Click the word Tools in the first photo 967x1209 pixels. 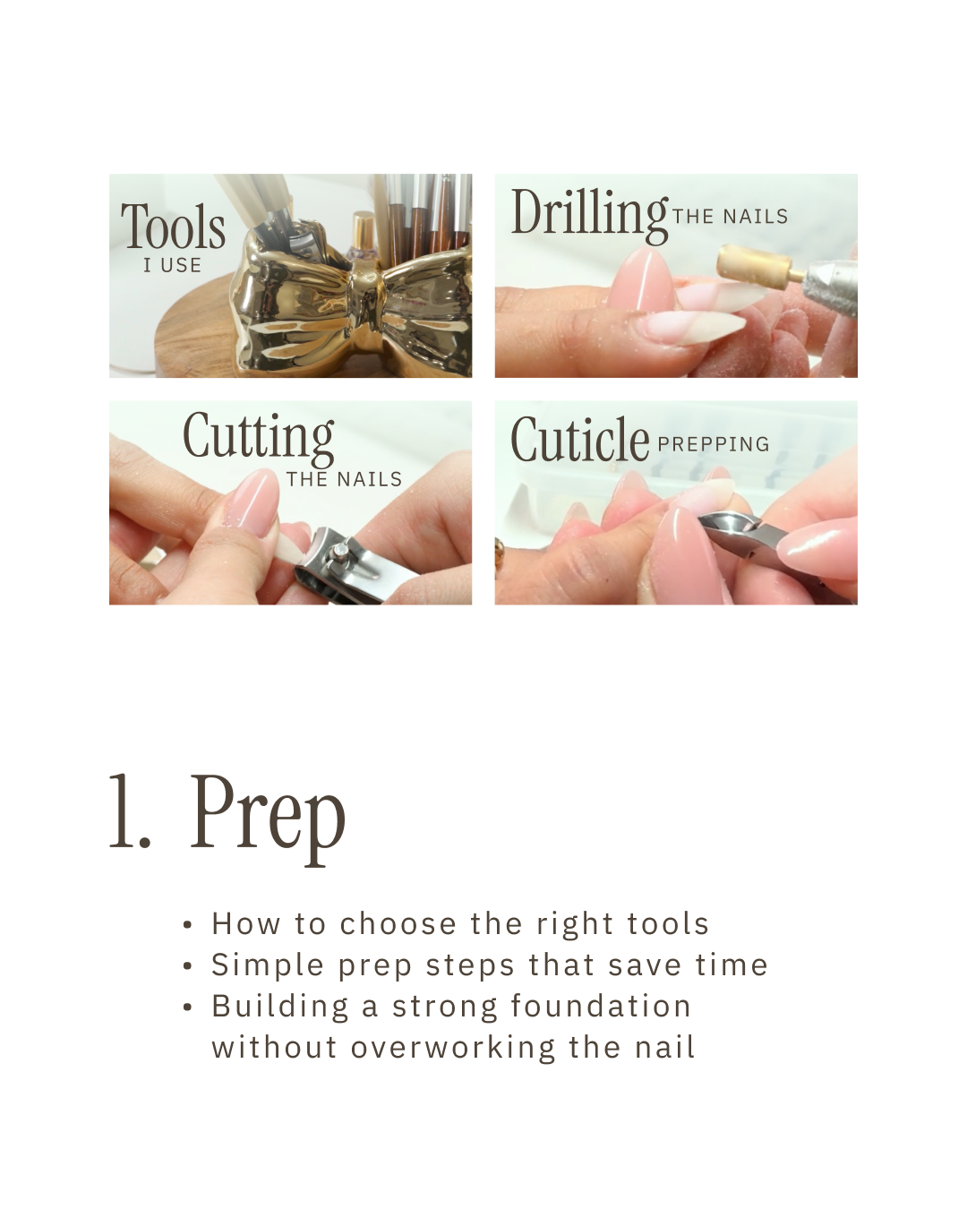pos(173,226)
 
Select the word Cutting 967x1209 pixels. pos(259,439)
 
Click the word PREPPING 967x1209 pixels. pos(713,444)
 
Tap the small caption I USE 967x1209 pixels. pos(172,265)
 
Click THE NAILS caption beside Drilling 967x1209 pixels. pos(730,217)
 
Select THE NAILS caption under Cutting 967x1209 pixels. pos(344,479)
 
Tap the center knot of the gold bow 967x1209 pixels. pos(366,291)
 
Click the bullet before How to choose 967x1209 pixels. pos(188,925)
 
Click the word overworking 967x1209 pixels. pos(453,1048)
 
